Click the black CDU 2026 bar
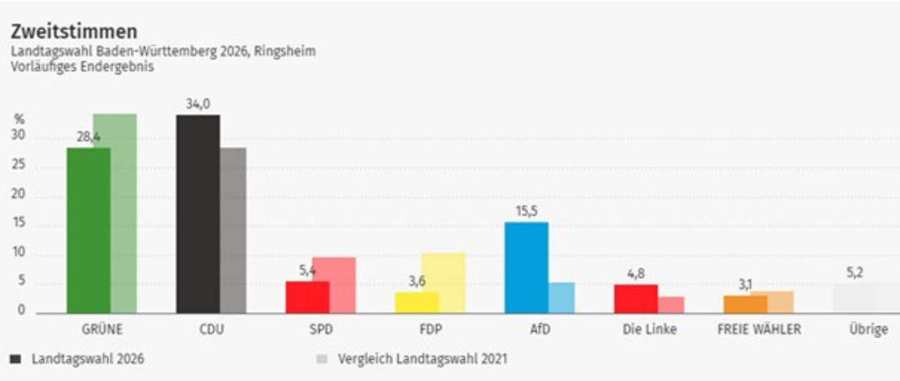(198, 214)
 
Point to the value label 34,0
(198, 105)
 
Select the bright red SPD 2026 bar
(307, 297)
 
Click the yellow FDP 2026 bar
(417, 302)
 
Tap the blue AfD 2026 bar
(527, 267)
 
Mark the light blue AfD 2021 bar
(561, 298)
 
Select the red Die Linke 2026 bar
(636, 299)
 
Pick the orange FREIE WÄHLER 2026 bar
(745, 304)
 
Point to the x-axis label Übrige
(868, 329)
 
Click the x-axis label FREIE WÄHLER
(759, 329)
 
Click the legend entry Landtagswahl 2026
(87, 359)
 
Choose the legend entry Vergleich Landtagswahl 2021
(422, 359)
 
